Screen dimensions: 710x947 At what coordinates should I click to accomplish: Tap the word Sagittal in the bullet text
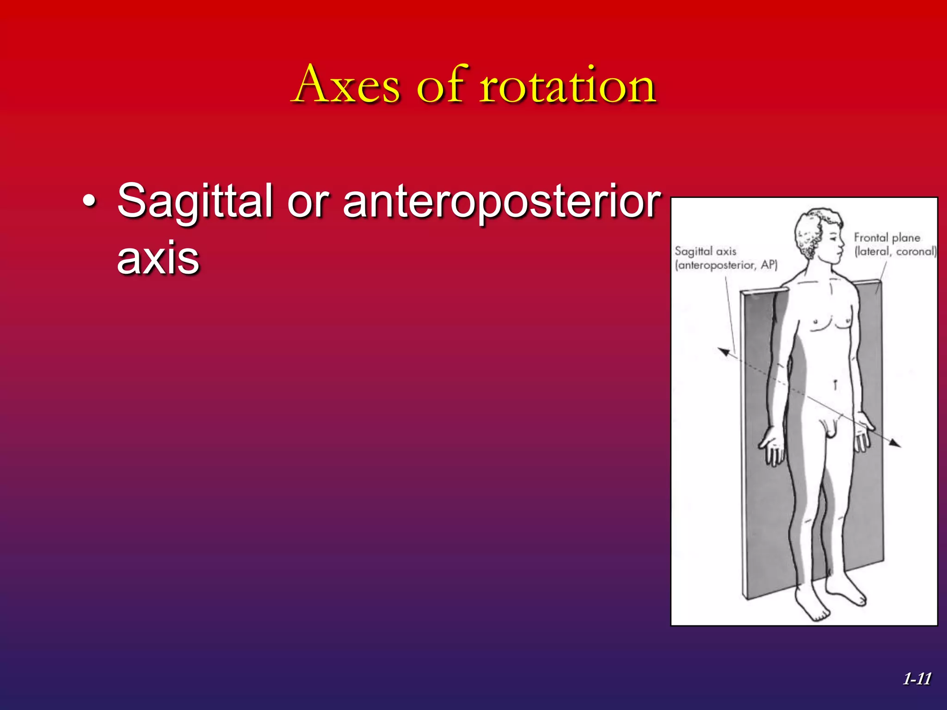point(195,201)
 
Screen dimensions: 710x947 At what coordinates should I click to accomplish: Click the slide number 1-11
point(917,679)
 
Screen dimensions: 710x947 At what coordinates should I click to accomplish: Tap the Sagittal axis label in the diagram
point(705,251)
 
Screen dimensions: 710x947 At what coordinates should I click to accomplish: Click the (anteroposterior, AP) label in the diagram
point(726,265)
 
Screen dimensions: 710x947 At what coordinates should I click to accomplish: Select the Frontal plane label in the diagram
point(887,238)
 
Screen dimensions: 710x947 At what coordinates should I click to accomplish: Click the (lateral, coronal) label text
point(895,251)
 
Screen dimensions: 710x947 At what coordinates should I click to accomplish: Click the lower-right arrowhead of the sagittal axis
point(896,444)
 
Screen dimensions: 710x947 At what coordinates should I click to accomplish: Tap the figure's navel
point(836,383)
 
